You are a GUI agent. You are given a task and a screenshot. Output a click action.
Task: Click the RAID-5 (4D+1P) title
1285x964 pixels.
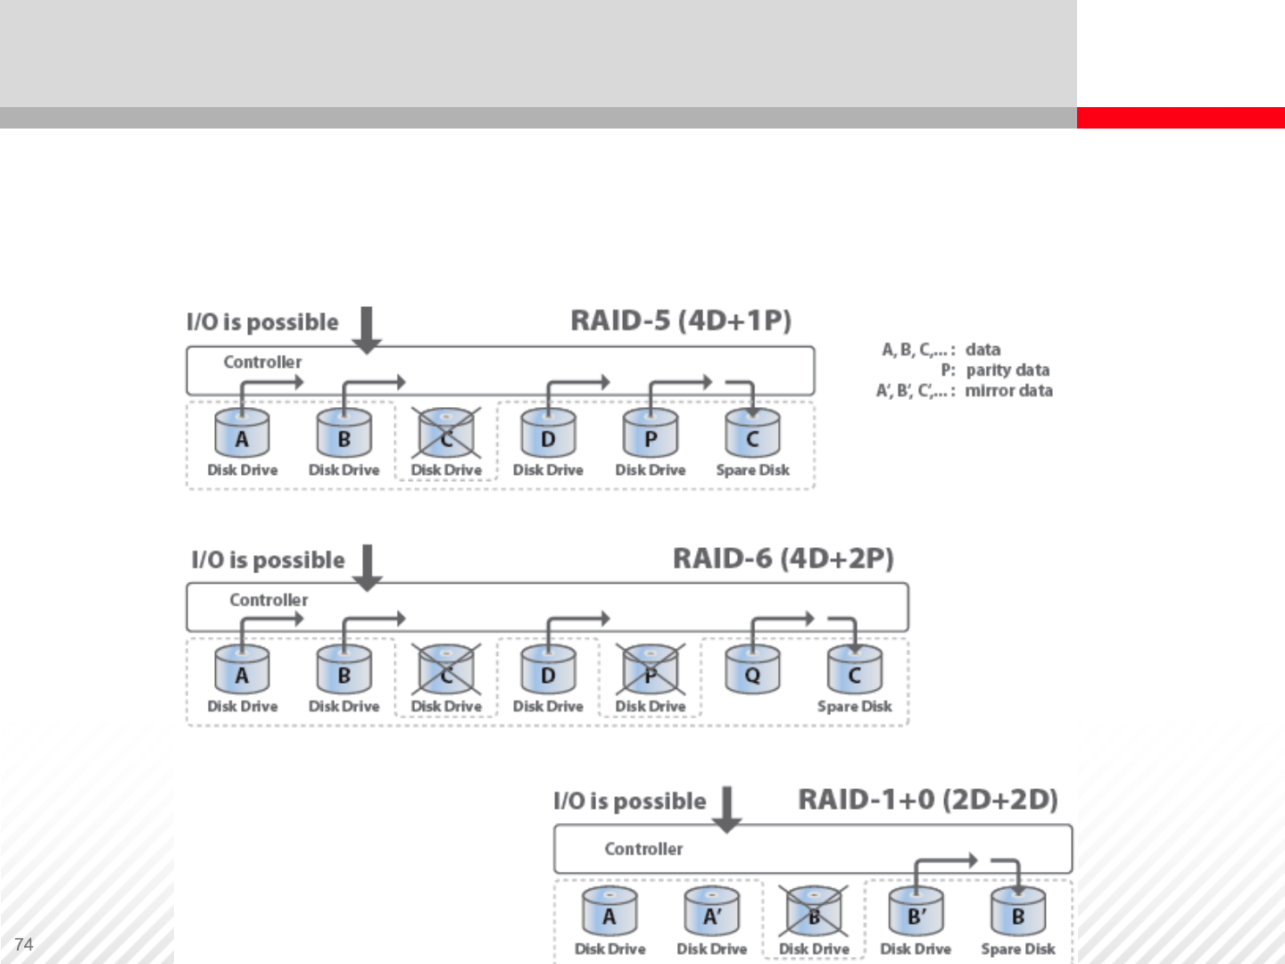click(681, 320)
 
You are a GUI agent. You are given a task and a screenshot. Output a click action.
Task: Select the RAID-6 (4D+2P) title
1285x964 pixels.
click(783, 559)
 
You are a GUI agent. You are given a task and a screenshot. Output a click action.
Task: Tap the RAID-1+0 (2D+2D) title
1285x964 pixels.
click(927, 799)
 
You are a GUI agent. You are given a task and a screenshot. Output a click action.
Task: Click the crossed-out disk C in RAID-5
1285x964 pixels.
click(446, 435)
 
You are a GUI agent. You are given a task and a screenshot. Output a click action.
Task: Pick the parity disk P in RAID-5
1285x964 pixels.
click(651, 435)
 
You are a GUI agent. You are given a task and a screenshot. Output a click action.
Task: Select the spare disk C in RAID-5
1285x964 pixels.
click(752, 435)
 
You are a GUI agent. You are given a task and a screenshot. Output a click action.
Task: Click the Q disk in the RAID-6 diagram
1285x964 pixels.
click(752, 671)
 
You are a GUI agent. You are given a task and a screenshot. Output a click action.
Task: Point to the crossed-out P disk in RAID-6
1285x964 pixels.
click(651, 671)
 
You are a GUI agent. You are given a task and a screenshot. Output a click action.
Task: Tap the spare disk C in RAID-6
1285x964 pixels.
click(854, 671)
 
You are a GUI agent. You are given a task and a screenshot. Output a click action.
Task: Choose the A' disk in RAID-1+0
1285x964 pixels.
click(711, 912)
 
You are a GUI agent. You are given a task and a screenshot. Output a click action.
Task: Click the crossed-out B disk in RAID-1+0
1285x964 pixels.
click(814, 912)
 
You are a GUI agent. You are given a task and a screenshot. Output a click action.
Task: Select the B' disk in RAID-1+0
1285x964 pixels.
click(916, 912)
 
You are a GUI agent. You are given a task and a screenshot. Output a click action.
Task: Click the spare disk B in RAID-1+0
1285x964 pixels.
click(1017, 912)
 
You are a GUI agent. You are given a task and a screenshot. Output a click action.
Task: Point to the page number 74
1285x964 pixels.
click(24, 944)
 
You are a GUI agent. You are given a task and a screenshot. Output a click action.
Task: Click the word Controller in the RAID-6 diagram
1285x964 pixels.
click(269, 600)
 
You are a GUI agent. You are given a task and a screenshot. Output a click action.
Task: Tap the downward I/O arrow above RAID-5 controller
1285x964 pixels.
click(367, 329)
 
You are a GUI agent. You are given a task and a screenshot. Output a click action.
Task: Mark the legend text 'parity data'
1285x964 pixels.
click(1007, 370)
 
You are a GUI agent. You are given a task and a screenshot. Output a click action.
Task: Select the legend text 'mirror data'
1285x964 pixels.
click(1008, 390)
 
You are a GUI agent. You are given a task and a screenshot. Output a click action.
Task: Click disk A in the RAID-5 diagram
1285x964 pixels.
click(242, 435)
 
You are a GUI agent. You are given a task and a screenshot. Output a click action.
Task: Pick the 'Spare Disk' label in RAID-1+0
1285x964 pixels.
click(1017, 949)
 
